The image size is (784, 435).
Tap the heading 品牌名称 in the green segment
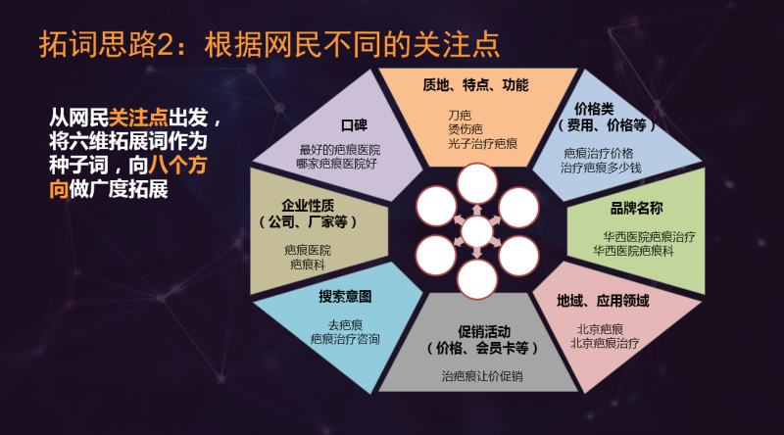pyautogui.click(x=636, y=209)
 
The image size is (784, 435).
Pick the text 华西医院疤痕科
pyautogui.click(x=637, y=251)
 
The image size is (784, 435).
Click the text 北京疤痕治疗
pyautogui.click(x=605, y=343)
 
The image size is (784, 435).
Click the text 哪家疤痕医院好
pyautogui.click(x=337, y=165)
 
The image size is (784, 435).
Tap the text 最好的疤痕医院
pyautogui.click(x=339, y=150)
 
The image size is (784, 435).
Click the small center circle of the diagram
pyautogui.click(x=477, y=232)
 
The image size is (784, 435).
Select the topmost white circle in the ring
pyautogui.click(x=477, y=182)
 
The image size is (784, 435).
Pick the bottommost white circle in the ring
pyautogui.click(x=477, y=279)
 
